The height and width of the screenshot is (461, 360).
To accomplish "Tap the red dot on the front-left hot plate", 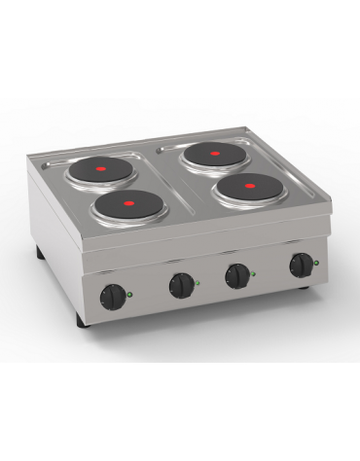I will click(x=127, y=203).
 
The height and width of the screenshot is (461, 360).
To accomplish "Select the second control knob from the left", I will click(x=181, y=284).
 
